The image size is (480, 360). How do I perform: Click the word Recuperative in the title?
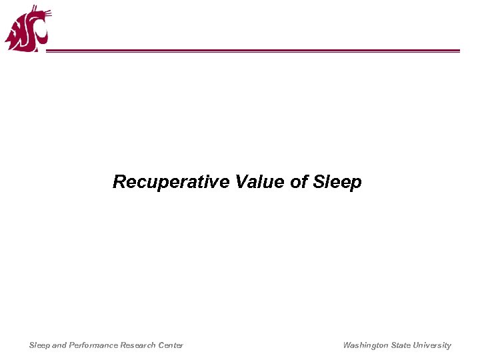click(x=171, y=182)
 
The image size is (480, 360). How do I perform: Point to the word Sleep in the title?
click(x=338, y=182)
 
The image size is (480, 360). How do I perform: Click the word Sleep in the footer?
click(x=39, y=345)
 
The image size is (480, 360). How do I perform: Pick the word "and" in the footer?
click(x=59, y=345)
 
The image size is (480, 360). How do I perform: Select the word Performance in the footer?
click(x=94, y=345)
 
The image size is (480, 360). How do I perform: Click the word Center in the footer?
click(x=170, y=345)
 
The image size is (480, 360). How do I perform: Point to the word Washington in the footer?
click(x=365, y=345)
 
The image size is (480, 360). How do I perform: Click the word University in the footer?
click(x=432, y=345)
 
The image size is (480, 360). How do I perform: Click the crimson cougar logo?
click(x=27, y=29)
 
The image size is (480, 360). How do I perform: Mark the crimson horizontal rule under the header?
click(x=253, y=51)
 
